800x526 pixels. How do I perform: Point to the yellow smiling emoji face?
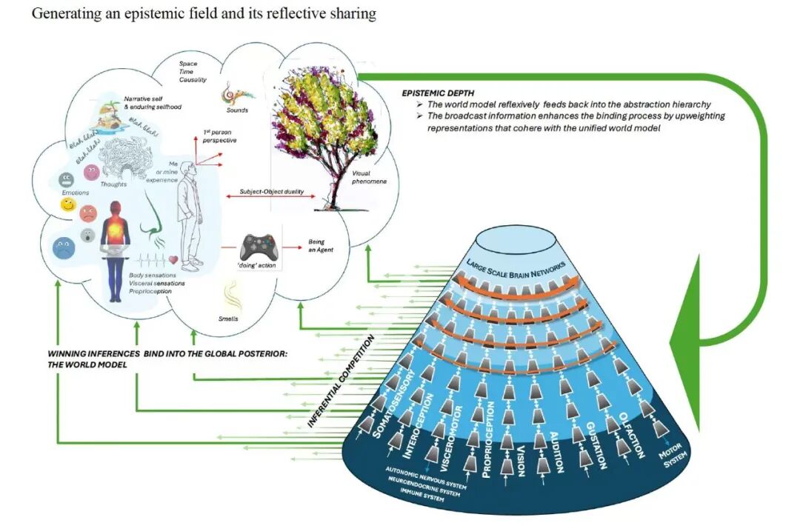(68, 204)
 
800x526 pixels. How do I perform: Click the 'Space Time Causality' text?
(193, 72)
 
